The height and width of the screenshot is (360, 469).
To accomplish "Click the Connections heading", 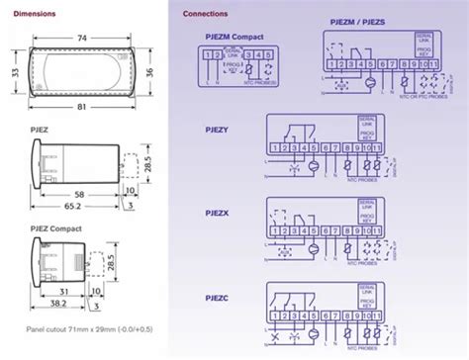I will [x=206, y=15].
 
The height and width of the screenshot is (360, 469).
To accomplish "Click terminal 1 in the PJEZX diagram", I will [x=270, y=233].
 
